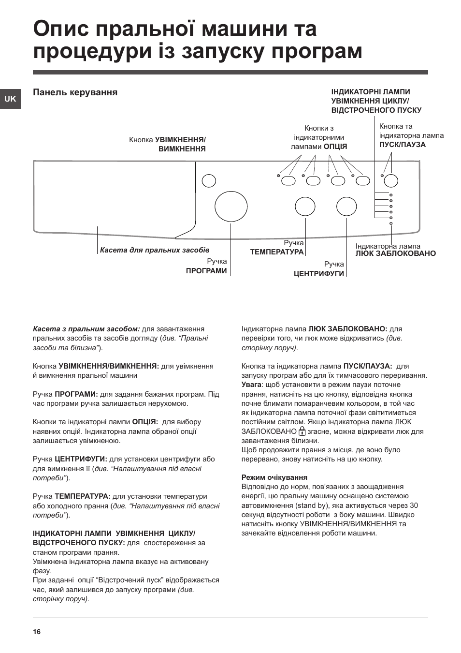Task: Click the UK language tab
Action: click(x=10, y=99)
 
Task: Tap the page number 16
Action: click(x=37, y=632)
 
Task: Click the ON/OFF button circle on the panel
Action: click(x=208, y=180)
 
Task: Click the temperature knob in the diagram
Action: click(x=305, y=207)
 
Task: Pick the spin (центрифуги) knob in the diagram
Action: click(x=346, y=207)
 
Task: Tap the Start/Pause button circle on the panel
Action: click(x=390, y=180)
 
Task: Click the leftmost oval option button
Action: click(x=288, y=181)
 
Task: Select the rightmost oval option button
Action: click(x=362, y=181)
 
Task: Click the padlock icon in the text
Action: click(x=302, y=431)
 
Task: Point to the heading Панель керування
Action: click(x=75, y=92)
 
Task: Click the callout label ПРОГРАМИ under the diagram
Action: click(x=206, y=271)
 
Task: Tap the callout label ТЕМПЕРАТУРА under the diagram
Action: click(x=277, y=252)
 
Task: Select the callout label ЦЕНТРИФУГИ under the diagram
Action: click(x=319, y=273)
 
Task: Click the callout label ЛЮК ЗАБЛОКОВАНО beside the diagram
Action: click(x=395, y=253)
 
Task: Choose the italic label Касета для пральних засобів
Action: click(x=154, y=250)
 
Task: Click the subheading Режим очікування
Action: click(x=274, y=477)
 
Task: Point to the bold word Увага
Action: click(x=251, y=385)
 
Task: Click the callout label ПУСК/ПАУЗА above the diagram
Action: click(x=403, y=145)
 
